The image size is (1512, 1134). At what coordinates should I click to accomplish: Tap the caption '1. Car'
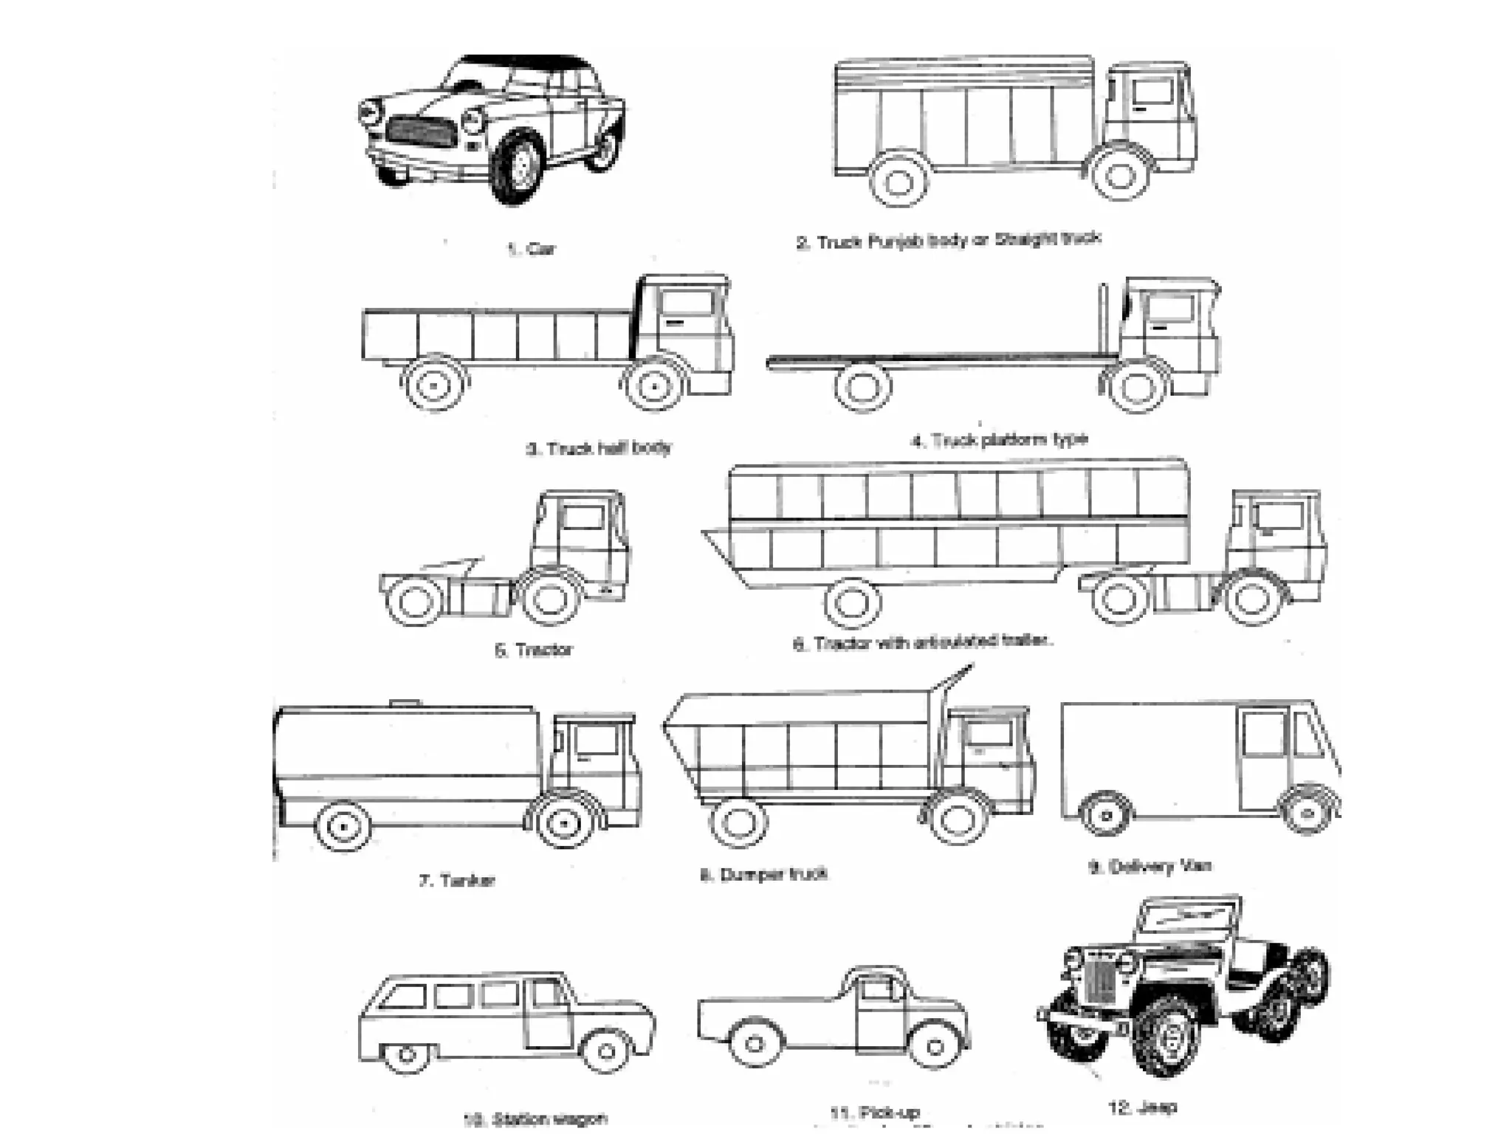(532, 249)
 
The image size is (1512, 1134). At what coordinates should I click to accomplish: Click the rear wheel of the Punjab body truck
(898, 179)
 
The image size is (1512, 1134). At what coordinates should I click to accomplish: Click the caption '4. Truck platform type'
(1000, 441)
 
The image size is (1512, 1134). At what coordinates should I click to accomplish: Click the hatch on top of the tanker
(405, 702)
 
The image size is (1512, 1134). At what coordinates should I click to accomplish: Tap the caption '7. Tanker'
(457, 880)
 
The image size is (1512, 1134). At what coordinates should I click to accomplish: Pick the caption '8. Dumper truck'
(764, 875)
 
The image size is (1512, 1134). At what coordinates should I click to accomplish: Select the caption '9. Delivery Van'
(1151, 866)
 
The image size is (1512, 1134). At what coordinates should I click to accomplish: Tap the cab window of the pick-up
(876, 990)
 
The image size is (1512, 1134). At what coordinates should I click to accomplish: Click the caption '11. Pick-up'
(876, 1113)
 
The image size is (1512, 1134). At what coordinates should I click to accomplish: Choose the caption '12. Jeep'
(1142, 1107)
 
